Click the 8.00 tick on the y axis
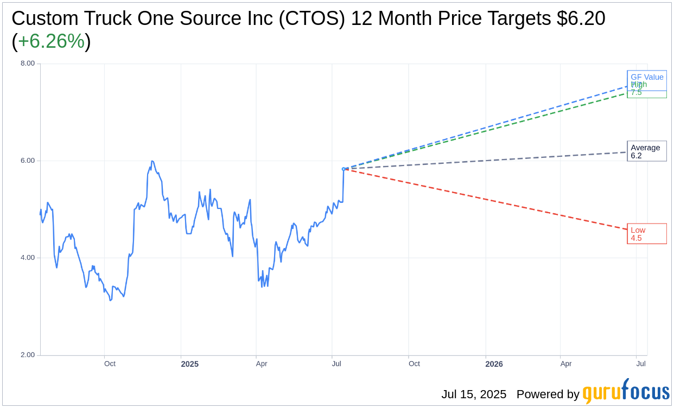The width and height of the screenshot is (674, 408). pyautogui.click(x=28, y=63)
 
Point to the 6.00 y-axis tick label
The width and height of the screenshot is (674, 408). pyautogui.click(x=28, y=161)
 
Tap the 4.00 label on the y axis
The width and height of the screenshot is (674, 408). pyautogui.click(x=28, y=258)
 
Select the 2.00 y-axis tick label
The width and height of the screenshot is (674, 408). pyautogui.click(x=28, y=355)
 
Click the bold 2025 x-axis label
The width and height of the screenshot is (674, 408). pyautogui.click(x=189, y=364)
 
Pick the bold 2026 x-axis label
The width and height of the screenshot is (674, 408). pyautogui.click(x=494, y=364)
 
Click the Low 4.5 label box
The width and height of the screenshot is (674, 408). pyautogui.click(x=646, y=234)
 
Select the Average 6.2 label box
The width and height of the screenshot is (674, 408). pyautogui.click(x=646, y=151)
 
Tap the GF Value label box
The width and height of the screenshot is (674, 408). pyautogui.click(x=647, y=76)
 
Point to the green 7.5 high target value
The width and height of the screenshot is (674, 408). pyautogui.click(x=636, y=93)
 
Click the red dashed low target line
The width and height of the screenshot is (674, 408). pyautogui.click(x=488, y=200)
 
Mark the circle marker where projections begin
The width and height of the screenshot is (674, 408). pyautogui.click(x=344, y=169)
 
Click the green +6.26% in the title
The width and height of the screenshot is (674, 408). pyautogui.click(x=51, y=41)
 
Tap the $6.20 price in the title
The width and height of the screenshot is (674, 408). pyautogui.click(x=581, y=18)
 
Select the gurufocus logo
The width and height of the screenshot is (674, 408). pyautogui.click(x=626, y=392)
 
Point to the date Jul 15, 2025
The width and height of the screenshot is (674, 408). pyautogui.click(x=473, y=394)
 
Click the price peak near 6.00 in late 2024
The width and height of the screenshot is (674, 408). pyautogui.click(x=152, y=161)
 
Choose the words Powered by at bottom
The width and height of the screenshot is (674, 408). pyautogui.click(x=548, y=394)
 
